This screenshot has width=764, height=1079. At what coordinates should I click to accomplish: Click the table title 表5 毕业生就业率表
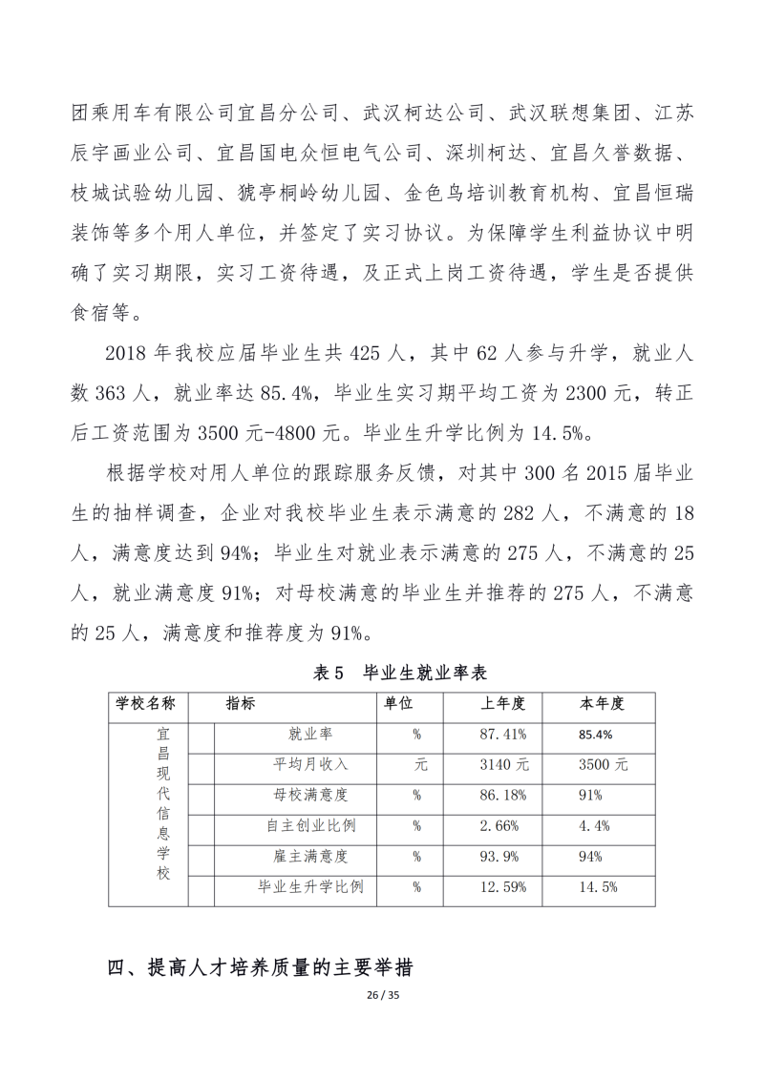click(400, 673)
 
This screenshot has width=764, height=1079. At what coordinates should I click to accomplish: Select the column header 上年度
click(502, 704)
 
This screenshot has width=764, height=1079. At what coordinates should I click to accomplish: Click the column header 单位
click(398, 704)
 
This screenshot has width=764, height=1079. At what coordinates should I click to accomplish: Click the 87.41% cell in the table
click(502, 735)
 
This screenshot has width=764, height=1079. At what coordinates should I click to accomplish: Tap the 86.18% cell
click(502, 795)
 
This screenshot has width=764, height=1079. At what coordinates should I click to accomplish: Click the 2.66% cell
click(502, 825)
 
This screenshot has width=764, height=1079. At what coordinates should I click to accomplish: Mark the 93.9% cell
click(502, 856)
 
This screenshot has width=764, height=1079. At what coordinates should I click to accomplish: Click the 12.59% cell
click(502, 886)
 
